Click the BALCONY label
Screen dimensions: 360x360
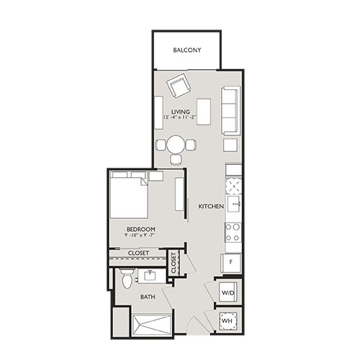(187, 50)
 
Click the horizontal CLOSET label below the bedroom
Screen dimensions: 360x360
(138, 253)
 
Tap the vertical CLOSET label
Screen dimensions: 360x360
(173, 263)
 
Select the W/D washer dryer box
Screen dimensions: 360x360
(229, 292)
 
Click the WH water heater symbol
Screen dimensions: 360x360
(228, 320)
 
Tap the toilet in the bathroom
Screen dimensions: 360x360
(127, 278)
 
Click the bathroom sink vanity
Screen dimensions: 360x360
(150, 275)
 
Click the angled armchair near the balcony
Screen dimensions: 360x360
(177, 88)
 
